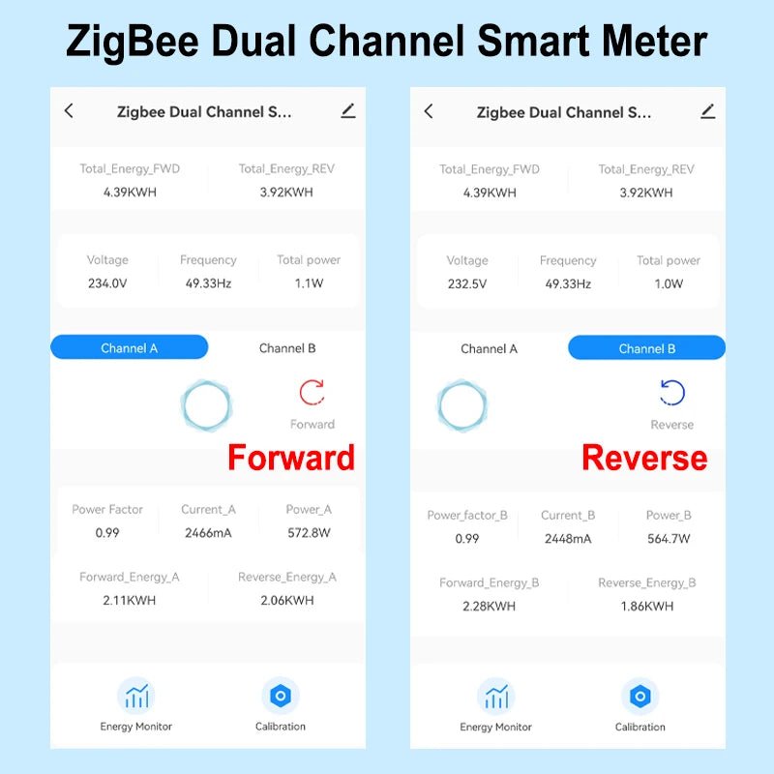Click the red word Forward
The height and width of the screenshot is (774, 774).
coord(290,458)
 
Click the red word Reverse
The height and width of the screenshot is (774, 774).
coord(644,458)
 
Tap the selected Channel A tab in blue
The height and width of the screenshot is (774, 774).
coord(129,348)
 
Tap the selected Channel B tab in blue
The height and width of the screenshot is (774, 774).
coord(646,348)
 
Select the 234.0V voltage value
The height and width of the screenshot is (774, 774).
coord(106,284)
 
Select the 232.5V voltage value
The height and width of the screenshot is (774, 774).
coord(466,284)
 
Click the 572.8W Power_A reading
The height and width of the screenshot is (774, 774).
coord(309,532)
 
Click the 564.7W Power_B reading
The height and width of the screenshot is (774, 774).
coord(669,538)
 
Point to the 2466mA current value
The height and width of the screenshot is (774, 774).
coord(208,532)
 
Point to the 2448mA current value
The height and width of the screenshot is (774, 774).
coord(568,538)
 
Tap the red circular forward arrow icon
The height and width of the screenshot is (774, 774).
coord(312,392)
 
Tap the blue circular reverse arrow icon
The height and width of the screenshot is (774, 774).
coord(671,392)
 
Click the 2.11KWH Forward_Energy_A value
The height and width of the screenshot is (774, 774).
coord(129,600)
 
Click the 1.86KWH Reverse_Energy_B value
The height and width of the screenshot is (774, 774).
coord(646,606)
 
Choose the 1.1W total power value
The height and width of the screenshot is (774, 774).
coord(309,284)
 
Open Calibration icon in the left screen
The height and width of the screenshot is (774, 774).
coord(281,696)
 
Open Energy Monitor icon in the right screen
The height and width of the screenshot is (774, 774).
coord(496,696)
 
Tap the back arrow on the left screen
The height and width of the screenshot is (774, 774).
coord(69,111)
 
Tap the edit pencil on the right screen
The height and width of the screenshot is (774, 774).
coord(708,111)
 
